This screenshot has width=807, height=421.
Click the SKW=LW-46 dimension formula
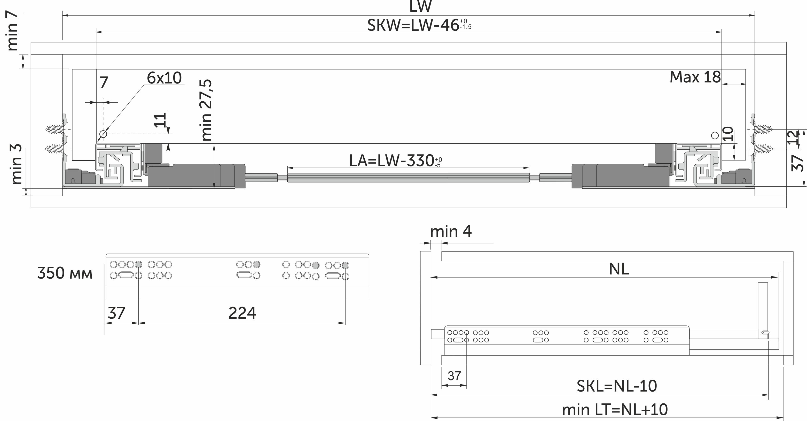point(419,25)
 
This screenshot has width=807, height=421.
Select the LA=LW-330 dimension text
point(395,161)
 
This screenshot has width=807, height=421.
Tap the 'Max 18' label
point(695,77)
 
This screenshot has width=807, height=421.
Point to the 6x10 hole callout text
point(164,78)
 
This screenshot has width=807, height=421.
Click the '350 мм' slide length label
point(65,273)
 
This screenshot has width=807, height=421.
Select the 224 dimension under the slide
point(242,313)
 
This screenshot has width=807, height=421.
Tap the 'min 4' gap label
point(451,231)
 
